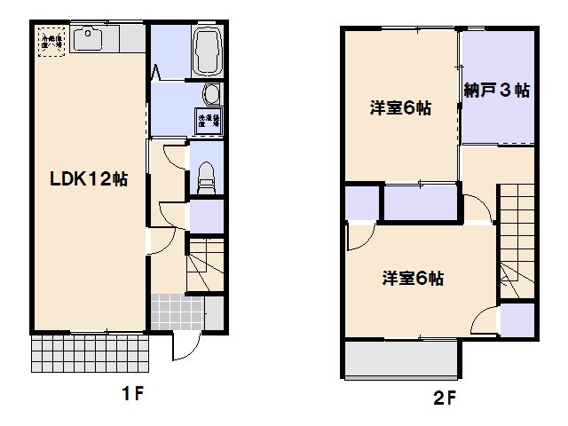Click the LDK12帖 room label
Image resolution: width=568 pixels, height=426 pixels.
tap(89, 179)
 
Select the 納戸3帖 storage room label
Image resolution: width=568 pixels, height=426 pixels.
tap(497, 91)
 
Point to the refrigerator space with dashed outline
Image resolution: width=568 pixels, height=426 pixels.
tap(50, 40)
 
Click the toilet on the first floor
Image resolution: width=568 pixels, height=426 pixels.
tap(206, 177)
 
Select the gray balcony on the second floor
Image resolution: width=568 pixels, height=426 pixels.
tap(400, 359)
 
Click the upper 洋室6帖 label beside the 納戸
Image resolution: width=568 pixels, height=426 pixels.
tap(401, 109)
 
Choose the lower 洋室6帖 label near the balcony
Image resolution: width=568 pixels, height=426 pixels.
tap(413, 278)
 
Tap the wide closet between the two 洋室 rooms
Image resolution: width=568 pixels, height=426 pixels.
tap(420, 201)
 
